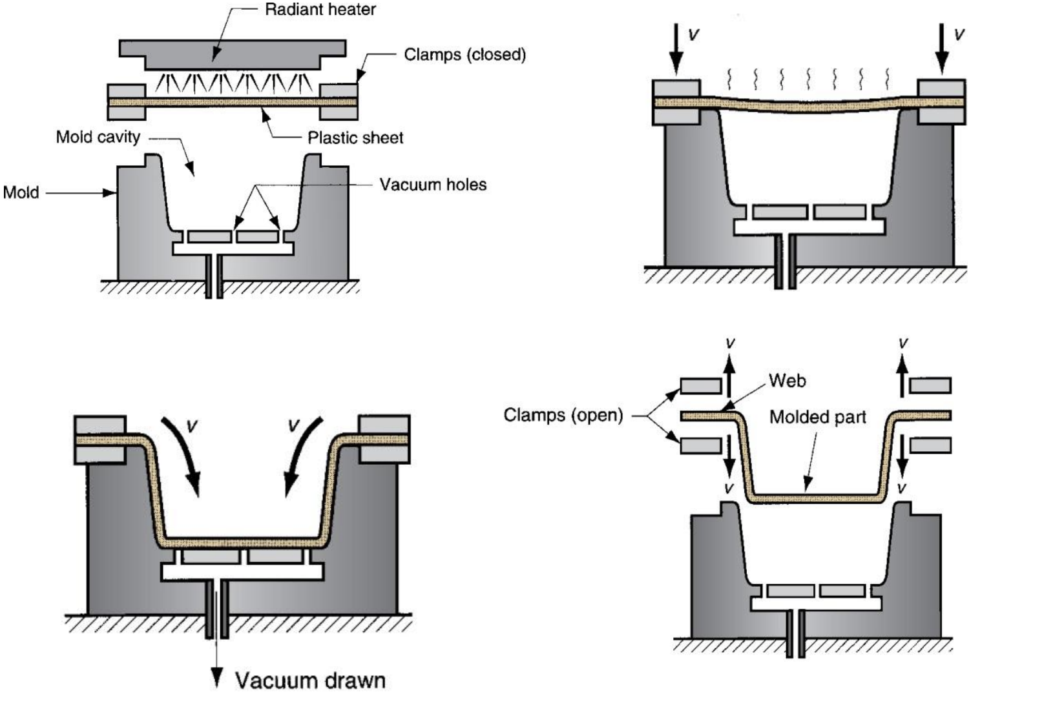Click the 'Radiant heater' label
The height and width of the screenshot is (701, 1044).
coord(320,10)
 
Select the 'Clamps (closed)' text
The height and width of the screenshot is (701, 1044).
coord(465,54)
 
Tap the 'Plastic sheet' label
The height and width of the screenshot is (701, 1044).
coord(355,137)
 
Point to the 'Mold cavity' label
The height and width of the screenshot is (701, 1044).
coord(98,137)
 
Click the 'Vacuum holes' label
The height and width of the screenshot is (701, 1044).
coord(432,185)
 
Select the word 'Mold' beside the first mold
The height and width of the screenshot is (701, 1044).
coord(21,192)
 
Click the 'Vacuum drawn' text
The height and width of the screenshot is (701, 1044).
coord(310,680)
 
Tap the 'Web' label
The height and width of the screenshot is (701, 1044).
coord(787,381)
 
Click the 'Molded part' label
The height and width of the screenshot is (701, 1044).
coord(817,417)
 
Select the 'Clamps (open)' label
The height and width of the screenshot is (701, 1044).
coord(563,414)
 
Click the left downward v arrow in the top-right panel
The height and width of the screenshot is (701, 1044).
coord(676,49)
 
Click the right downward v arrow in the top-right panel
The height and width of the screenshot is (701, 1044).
coord(942,49)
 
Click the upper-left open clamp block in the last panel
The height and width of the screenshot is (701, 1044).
coord(701,386)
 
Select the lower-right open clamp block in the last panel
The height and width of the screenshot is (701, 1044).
coord(930,445)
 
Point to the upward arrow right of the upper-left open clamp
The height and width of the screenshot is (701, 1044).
coord(729,377)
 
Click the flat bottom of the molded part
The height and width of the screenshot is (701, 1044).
coord(814,498)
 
